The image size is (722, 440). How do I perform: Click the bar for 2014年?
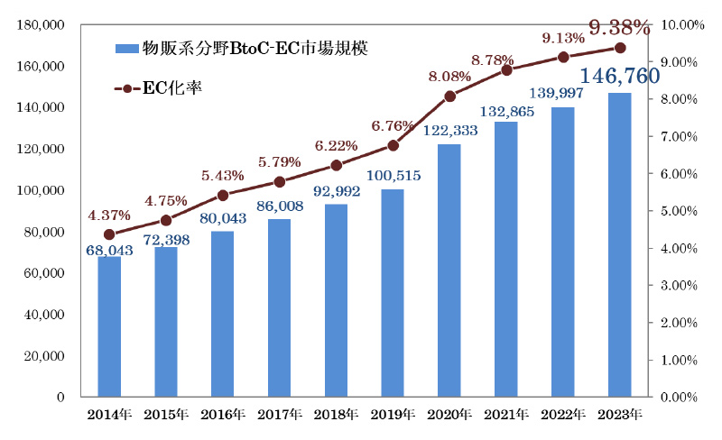coord(109,326)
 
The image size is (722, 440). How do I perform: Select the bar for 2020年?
coord(449,270)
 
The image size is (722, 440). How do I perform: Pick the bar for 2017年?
coord(280,307)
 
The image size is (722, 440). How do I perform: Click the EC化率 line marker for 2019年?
coord(393,145)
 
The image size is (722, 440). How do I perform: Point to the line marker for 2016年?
coord(223,195)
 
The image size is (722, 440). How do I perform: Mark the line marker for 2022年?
coord(563,57)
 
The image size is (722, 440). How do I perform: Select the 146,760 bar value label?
coord(619,76)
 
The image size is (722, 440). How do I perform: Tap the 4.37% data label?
coord(109,215)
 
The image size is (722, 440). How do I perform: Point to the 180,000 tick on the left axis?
coord(41,25)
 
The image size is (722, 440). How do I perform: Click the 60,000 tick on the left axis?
coord(44,273)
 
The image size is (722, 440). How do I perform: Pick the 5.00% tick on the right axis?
coord(684,211)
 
